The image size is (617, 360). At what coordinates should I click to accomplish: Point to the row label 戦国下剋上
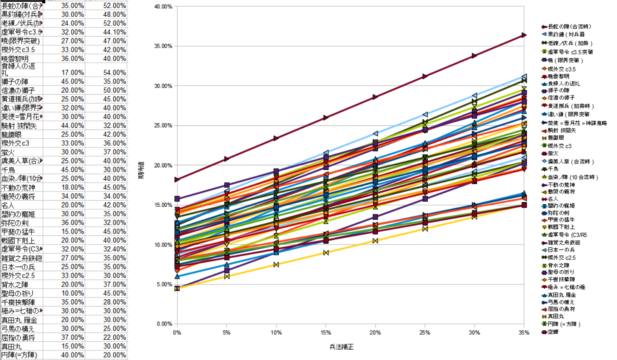click(x=18, y=240)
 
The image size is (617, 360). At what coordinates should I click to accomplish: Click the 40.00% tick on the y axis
click(x=163, y=7)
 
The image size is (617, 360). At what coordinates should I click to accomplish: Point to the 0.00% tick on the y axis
click(x=164, y=324)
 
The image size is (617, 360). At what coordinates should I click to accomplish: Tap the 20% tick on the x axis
click(x=375, y=333)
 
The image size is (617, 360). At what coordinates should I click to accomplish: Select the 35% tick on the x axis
click(x=524, y=333)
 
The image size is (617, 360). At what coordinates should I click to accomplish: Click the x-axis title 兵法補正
click(x=341, y=347)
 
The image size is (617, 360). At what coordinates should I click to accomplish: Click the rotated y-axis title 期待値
click(x=141, y=171)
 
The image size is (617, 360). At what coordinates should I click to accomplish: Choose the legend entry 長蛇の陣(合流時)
click(x=569, y=27)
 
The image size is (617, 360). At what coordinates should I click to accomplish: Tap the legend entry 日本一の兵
click(x=561, y=250)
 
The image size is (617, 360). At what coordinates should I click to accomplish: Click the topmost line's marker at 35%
click(x=524, y=35)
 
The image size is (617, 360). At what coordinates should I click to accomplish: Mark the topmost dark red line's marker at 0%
click(x=177, y=180)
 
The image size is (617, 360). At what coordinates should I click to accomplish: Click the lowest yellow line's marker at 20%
click(x=375, y=241)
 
